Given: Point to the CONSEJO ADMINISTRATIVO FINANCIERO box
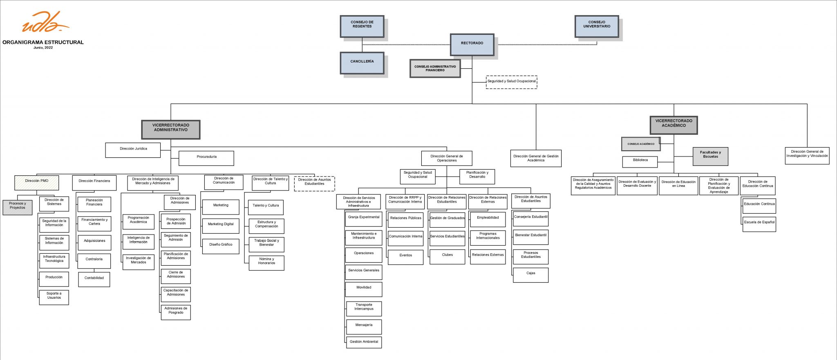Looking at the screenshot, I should (x=435, y=68).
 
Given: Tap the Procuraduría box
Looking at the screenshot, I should (x=206, y=158).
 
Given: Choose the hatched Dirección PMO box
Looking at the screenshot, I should (x=37, y=182).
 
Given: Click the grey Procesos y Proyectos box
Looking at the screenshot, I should (x=18, y=207).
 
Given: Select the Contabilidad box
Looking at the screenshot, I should (x=94, y=280).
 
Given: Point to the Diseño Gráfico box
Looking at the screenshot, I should (x=221, y=246).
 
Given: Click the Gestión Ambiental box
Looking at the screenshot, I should (x=364, y=342).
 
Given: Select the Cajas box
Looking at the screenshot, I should (x=530, y=275).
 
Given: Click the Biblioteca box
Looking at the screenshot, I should (x=640, y=161).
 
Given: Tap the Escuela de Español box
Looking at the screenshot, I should (x=759, y=224).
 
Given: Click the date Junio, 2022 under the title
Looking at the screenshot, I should (x=43, y=48).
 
